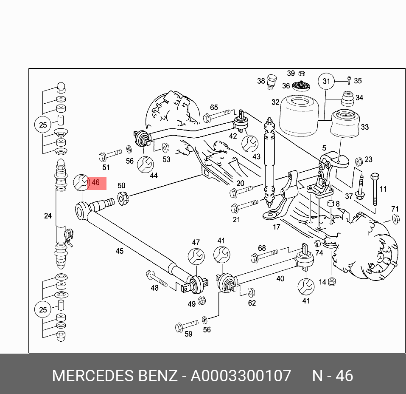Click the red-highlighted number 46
(95, 183)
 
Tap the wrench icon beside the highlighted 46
(81, 183)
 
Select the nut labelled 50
(123, 198)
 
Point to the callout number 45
(120, 251)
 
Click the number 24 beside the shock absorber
(48, 216)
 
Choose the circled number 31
(326, 81)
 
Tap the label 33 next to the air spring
(364, 127)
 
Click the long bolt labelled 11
(375, 189)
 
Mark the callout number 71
(395, 209)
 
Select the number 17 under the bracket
(276, 227)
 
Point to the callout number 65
(214, 108)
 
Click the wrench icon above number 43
(249, 143)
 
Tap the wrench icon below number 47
(196, 256)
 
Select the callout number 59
(188, 334)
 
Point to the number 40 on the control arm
(280, 279)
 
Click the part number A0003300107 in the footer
(241, 376)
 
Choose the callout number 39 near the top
(291, 73)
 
